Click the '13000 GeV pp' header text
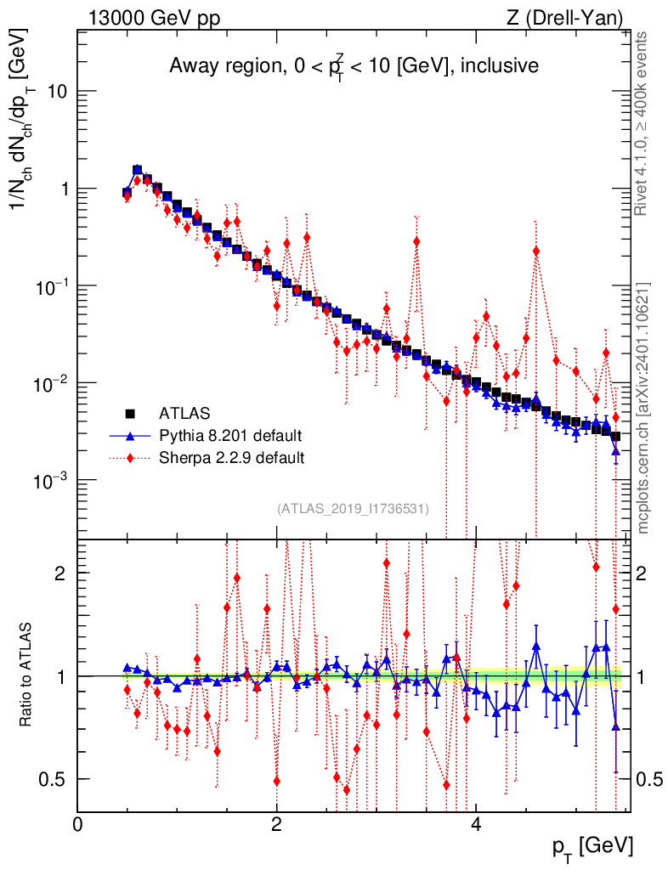(153, 18)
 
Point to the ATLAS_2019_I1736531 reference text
(352, 509)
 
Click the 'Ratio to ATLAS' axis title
(26, 676)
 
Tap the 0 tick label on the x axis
(77, 824)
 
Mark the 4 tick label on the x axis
(476, 824)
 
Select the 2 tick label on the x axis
(277, 824)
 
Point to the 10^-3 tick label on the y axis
(51, 481)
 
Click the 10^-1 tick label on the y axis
(51, 286)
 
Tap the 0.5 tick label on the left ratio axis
(54, 779)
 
